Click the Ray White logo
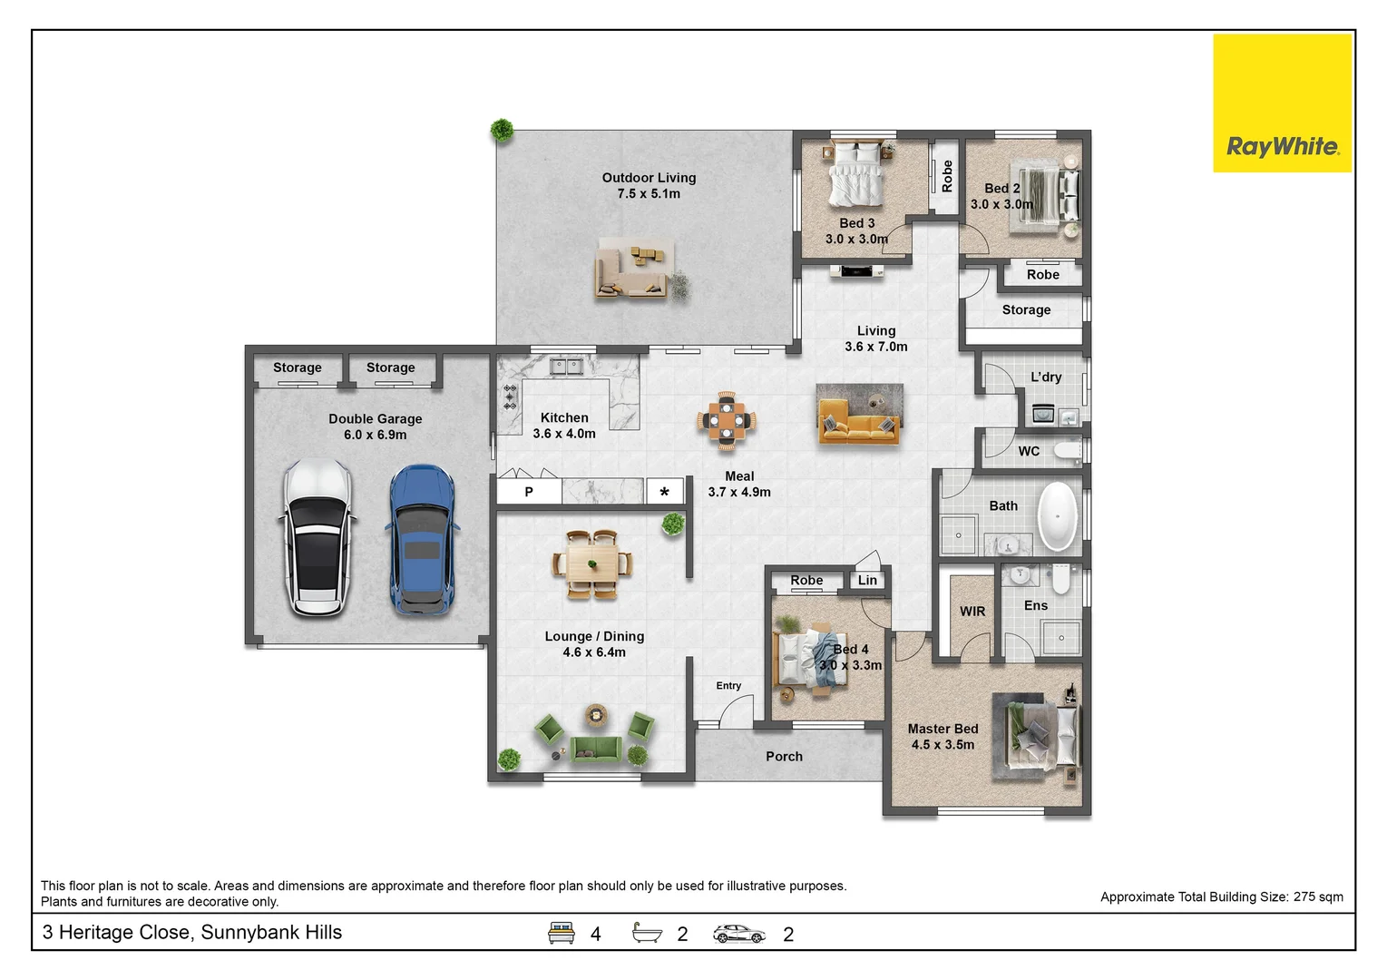(1282, 146)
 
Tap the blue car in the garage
(422, 540)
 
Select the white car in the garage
(317, 538)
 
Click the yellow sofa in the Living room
(858, 425)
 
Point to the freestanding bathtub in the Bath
(1057, 516)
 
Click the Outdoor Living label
(649, 178)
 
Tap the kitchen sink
(569, 367)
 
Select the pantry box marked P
(529, 492)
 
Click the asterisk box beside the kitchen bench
(665, 492)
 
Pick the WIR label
(972, 612)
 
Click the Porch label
(784, 757)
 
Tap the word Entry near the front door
(728, 686)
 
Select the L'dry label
(1046, 377)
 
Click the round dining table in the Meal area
(727, 420)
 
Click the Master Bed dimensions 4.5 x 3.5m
(943, 745)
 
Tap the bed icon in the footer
(562, 933)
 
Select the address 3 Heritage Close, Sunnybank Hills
(192, 933)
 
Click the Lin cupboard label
(867, 581)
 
